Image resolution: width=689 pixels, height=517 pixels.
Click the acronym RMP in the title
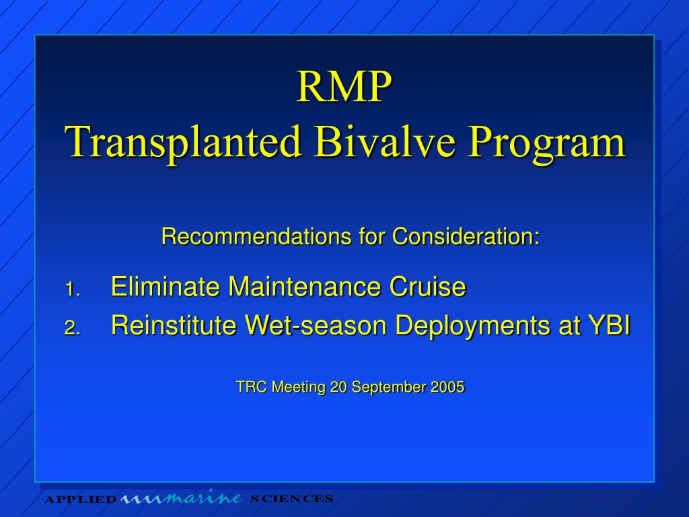coord(344,86)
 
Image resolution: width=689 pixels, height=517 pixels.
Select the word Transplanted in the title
coord(183,141)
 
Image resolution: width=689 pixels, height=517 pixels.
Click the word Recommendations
coord(256,236)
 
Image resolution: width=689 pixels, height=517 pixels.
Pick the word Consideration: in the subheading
coord(466,236)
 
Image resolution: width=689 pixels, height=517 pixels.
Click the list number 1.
coord(73,289)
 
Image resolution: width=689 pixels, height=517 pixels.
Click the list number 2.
coord(73,328)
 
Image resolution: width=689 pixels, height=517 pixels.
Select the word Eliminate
coord(166,287)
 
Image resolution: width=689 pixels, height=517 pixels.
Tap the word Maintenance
coord(305,287)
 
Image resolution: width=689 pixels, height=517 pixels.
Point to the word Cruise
coord(428,287)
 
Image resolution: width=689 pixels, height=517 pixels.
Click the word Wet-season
coord(316,325)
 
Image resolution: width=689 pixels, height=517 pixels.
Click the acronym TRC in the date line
coord(252,387)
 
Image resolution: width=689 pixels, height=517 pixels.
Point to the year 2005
coord(447,387)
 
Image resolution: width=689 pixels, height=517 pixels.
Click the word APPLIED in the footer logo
coord(81,499)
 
